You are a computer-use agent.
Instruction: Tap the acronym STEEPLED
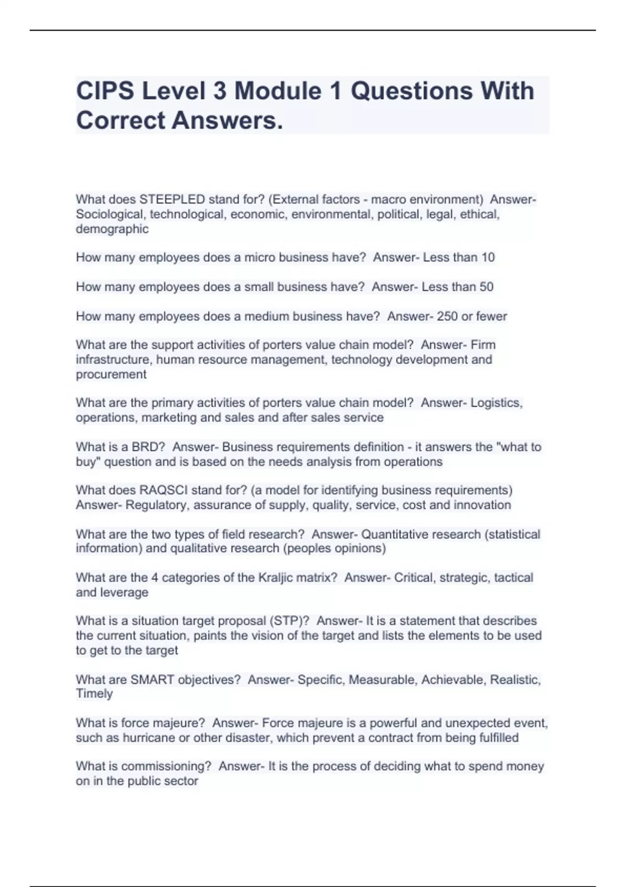pyautogui.click(x=172, y=199)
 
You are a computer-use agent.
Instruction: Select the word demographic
pyautogui.click(x=112, y=229)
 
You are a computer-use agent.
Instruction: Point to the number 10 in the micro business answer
pyautogui.click(x=488, y=257)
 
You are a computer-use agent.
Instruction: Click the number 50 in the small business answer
pyautogui.click(x=487, y=286)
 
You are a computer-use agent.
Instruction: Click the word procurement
pyautogui.click(x=111, y=375)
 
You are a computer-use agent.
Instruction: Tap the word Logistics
pyautogui.click(x=496, y=403)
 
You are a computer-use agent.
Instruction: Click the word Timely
pyautogui.click(x=94, y=694)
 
